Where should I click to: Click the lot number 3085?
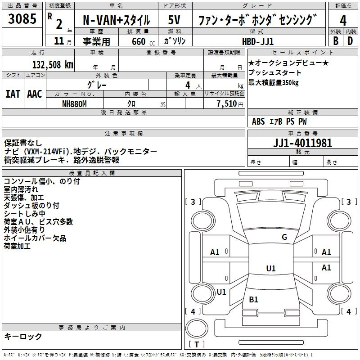[x=22, y=18]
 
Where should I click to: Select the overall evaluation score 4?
[x=343, y=21]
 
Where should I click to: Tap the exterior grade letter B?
[x=336, y=41]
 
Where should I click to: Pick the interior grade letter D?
[x=350, y=41]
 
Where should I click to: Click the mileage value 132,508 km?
[x=53, y=65]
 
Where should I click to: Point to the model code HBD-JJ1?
[x=258, y=41]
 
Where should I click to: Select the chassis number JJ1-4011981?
[x=302, y=143]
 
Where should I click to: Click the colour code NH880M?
[x=74, y=104]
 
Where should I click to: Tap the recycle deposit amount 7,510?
[x=227, y=104]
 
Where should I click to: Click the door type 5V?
[x=174, y=20]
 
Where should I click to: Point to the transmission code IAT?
[x=13, y=94]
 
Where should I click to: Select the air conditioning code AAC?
[x=35, y=94]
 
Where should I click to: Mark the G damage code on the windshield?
[x=284, y=237]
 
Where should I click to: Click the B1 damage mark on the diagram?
[x=253, y=299]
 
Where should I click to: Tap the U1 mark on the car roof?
[x=271, y=268]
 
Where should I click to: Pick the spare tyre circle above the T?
[x=197, y=328]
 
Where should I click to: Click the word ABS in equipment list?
[x=258, y=121]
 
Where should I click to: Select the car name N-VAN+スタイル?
[x=116, y=20]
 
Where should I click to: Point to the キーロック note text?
[x=23, y=336]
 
